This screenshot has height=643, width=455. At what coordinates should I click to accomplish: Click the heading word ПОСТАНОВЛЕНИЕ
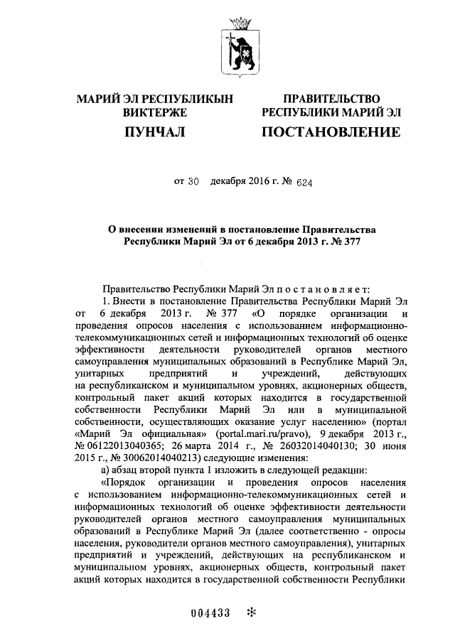pos(331,131)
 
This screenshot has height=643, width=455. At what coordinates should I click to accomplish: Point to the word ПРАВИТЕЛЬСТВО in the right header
pos(331,98)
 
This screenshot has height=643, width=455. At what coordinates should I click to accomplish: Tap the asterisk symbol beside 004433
pos(250,612)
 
